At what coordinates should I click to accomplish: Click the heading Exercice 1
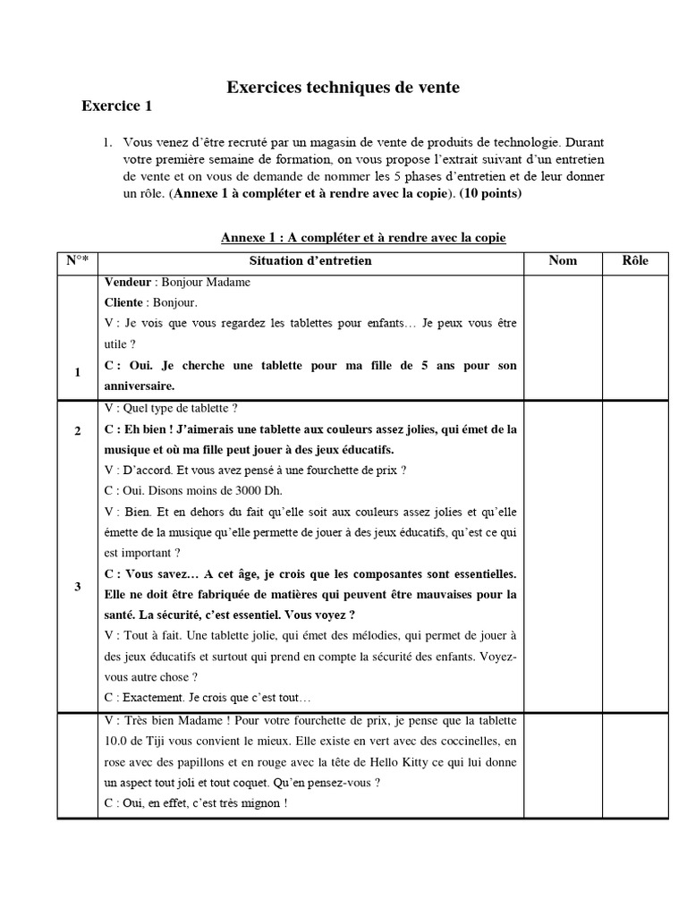[x=117, y=106]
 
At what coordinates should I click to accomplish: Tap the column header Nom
[x=563, y=261]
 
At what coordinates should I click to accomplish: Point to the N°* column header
[x=78, y=261]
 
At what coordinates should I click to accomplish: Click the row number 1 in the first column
[x=78, y=372]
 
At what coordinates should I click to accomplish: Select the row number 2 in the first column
[x=78, y=431]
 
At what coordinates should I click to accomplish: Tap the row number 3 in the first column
[x=78, y=587]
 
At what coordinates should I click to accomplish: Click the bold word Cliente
[x=129, y=303]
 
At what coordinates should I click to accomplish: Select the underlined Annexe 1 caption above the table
[x=363, y=238]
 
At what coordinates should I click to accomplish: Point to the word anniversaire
[x=139, y=386]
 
